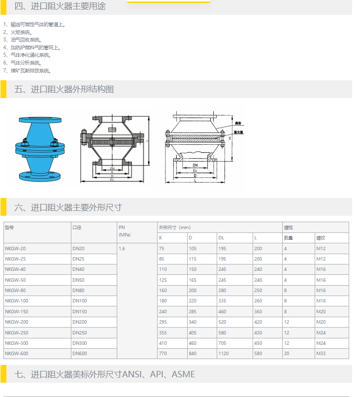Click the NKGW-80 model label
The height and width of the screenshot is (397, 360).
click(x=15, y=290)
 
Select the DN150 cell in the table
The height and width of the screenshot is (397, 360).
click(x=79, y=311)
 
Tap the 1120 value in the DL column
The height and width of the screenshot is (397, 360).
click(x=224, y=354)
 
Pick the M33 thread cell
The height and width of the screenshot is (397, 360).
click(x=321, y=354)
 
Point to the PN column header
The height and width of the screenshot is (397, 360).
click(x=122, y=228)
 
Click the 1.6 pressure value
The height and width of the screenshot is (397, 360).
click(x=122, y=248)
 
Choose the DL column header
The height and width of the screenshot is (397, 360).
click(x=221, y=238)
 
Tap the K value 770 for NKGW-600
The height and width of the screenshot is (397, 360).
click(x=163, y=354)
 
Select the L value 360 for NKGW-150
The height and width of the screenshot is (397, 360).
click(x=258, y=311)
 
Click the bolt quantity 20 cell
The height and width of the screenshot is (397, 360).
click(x=286, y=354)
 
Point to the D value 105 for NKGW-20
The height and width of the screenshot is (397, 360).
click(x=193, y=248)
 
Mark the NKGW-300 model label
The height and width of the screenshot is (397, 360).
click(x=16, y=343)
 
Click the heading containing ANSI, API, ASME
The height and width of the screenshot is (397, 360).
click(x=105, y=374)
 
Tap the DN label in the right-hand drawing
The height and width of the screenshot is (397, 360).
click(x=195, y=165)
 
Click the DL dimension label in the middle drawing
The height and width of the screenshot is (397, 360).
click(x=112, y=180)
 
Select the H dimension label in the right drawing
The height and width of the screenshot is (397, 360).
click(x=230, y=139)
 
